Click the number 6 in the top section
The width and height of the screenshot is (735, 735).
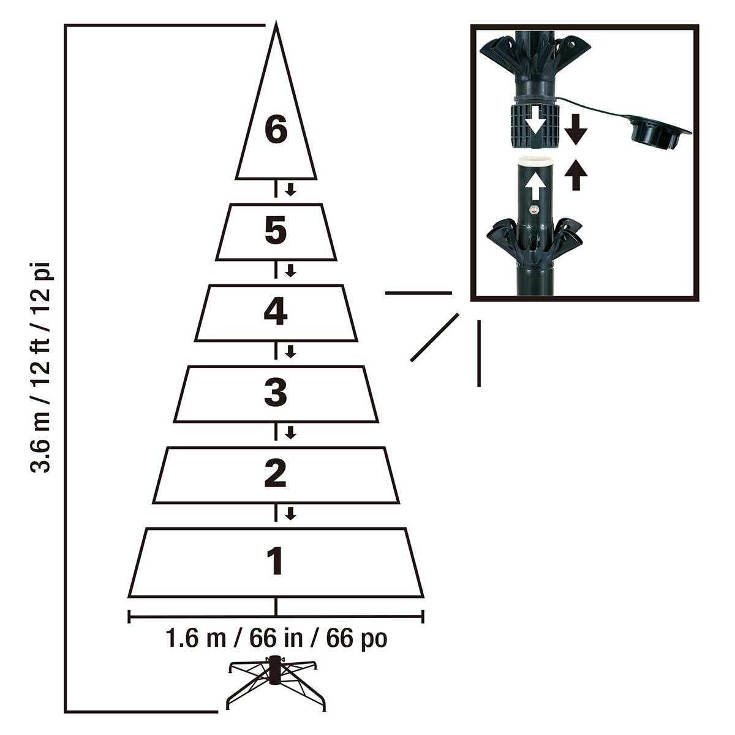pyautogui.click(x=276, y=130)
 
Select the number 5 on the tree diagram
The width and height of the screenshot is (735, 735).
pyautogui.click(x=276, y=230)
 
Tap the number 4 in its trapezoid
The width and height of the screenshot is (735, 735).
pyautogui.click(x=276, y=311)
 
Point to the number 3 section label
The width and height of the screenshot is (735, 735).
pyautogui.click(x=276, y=392)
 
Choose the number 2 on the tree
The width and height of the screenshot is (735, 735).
pyautogui.click(x=276, y=473)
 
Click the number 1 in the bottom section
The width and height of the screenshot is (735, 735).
pyautogui.click(x=276, y=561)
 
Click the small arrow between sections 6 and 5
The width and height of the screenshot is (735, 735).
pyautogui.click(x=291, y=189)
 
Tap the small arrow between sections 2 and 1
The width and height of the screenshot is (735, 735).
pyautogui.click(x=291, y=513)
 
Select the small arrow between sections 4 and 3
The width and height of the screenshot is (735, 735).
pyautogui.click(x=291, y=352)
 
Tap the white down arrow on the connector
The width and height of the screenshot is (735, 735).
pyautogui.click(x=535, y=120)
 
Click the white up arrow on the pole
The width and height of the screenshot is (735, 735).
pyautogui.click(x=535, y=186)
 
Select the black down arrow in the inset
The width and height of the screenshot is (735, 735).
pyautogui.click(x=576, y=129)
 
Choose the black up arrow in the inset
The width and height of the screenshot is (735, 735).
pyautogui.click(x=576, y=175)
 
